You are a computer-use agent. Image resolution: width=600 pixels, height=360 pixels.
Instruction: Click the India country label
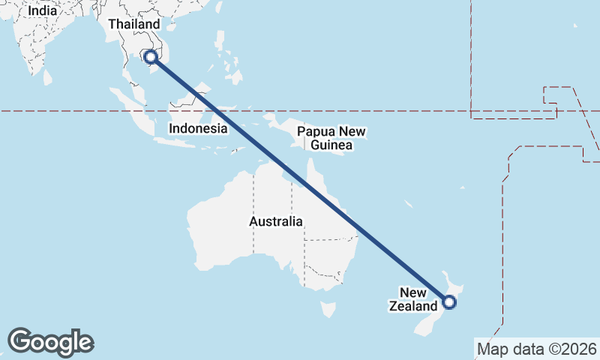42,10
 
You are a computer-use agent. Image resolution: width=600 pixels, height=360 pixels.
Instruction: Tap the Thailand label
133,24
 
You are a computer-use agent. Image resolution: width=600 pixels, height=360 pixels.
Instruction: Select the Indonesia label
198,128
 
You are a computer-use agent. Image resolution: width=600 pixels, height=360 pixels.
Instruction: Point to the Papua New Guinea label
331,138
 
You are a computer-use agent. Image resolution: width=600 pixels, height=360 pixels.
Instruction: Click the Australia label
276,222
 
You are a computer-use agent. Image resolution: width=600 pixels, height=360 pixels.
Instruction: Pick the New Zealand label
412,299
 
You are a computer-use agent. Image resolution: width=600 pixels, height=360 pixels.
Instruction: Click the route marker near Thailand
151,56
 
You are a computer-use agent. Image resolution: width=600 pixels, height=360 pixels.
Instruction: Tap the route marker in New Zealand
449,302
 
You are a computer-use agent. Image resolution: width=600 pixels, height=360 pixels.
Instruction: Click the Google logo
50,341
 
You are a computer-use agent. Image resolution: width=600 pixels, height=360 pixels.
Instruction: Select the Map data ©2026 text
537,349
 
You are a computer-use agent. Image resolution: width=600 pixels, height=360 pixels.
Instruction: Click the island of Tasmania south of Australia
328,308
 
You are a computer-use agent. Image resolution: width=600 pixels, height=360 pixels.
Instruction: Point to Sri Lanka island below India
48,76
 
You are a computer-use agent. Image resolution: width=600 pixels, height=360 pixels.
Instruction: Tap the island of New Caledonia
409,204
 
